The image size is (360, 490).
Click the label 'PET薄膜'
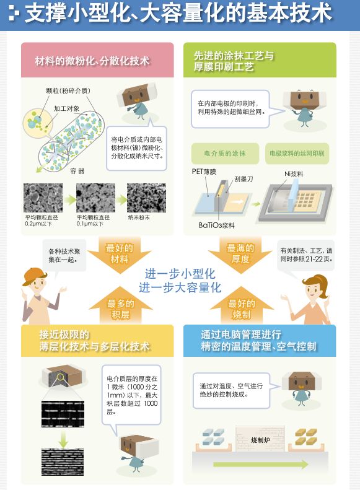[204, 172]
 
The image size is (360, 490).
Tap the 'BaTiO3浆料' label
[216, 225]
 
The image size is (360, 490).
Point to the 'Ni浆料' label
[294, 174]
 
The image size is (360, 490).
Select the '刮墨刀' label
[244, 179]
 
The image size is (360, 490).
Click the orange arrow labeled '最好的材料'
[120, 254]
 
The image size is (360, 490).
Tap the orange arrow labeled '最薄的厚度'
[240, 254]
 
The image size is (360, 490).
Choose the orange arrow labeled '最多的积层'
[120, 308]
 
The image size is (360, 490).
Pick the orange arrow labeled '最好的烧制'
[241, 308]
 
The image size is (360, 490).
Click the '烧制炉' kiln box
[260, 439]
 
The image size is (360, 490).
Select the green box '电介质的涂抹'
[225, 154]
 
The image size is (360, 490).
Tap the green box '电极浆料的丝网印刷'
[297, 154]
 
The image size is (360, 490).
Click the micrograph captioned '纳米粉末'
[147, 198]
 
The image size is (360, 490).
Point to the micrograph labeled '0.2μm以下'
[43, 198]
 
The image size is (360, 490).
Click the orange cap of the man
[34, 276]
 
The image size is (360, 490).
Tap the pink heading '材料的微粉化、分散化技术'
[92, 61]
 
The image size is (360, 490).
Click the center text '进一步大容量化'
[180, 288]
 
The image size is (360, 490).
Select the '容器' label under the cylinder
[77, 171]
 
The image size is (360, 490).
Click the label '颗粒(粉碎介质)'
[68, 91]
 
